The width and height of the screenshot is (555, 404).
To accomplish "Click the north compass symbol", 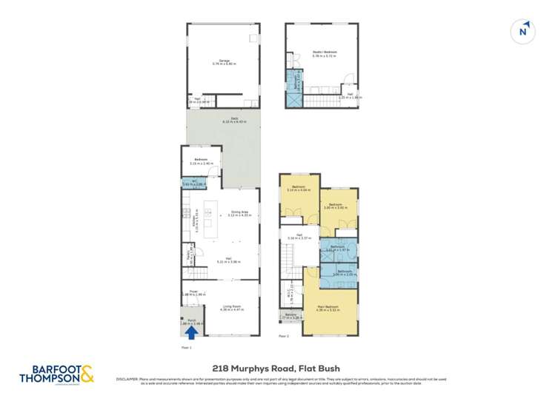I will click(524, 31).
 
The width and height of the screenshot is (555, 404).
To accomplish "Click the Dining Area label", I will click(239, 213).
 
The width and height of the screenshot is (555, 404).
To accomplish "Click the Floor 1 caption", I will click(187, 346).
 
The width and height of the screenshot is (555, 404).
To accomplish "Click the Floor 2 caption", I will click(284, 336).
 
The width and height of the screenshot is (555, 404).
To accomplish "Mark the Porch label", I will click(190, 321).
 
